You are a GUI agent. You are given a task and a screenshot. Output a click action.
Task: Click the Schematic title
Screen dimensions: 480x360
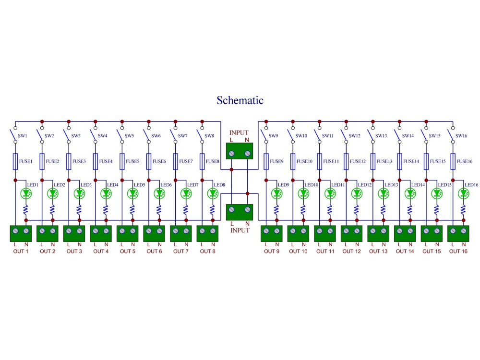point(240,100)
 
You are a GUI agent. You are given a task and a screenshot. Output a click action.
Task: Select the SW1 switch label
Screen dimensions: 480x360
point(23,136)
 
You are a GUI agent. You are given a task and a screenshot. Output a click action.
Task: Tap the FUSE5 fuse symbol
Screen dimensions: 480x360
point(122,161)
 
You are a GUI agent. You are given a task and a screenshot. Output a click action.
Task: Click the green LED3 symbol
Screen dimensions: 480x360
point(79,193)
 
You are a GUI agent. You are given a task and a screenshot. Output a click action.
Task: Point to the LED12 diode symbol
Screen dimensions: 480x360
point(357,193)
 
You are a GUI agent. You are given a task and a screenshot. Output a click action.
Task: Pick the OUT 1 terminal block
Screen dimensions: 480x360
point(21,234)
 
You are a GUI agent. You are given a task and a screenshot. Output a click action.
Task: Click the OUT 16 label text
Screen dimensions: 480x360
point(458,252)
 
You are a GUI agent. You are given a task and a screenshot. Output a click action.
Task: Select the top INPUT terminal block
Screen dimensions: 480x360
point(240,151)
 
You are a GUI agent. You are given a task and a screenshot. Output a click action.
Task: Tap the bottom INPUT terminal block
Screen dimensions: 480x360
point(240,212)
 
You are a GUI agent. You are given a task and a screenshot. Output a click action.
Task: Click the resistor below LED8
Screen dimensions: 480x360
point(213,210)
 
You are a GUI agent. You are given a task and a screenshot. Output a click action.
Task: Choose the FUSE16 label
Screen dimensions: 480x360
point(464,161)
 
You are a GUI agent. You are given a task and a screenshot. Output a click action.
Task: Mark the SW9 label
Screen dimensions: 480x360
point(274,136)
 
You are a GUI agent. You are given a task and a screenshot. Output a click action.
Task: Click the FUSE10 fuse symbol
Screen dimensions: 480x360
point(293,161)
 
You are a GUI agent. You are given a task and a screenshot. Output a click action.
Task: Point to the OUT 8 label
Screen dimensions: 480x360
point(207,252)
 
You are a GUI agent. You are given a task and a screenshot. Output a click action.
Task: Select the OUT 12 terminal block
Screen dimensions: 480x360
point(351,234)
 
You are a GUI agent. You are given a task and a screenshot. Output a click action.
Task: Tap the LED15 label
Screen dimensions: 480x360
point(445,185)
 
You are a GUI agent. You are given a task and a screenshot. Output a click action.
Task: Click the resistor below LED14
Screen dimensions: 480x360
point(410,210)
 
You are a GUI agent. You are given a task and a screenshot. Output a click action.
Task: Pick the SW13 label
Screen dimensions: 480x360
point(381,136)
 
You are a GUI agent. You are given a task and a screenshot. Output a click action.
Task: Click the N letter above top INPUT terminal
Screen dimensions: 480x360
point(247,140)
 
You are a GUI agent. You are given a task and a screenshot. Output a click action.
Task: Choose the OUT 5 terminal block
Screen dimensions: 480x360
point(127,234)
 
